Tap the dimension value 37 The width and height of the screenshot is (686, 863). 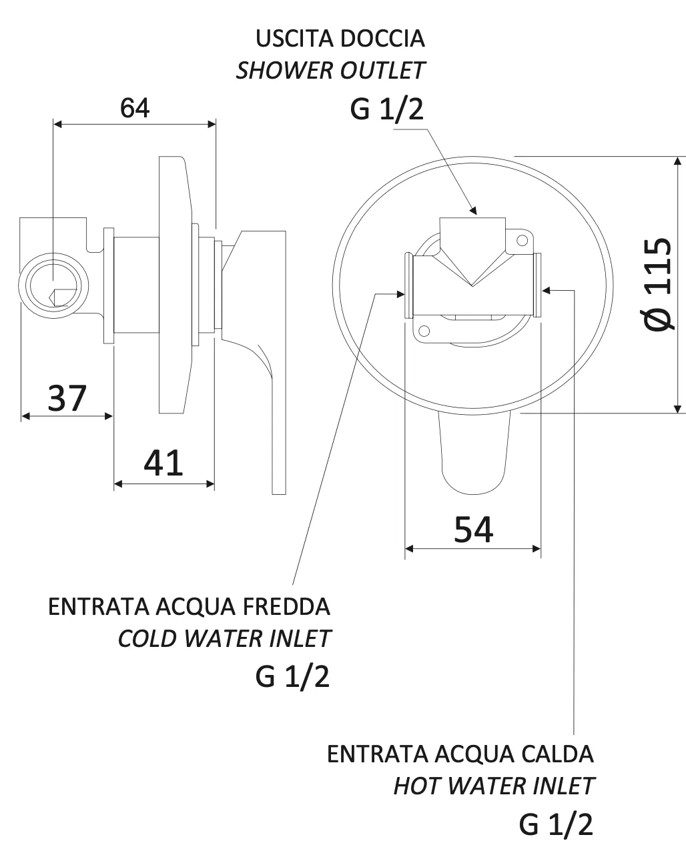tap(67, 398)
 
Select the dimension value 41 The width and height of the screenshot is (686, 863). tap(163, 463)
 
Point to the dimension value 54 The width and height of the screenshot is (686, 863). tap(473, 530)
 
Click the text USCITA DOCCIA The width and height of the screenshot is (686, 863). tap(340, 38)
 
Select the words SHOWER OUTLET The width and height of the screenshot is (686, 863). tap(330, 70)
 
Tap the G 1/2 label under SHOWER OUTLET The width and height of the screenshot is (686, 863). tap(386, 109)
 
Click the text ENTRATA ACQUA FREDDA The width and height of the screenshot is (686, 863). tap(190, 607)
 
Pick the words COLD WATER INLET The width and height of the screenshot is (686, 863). tap(224, 638)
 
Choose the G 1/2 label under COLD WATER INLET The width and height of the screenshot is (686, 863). tap(292, 677)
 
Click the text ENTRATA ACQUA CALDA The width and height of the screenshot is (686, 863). tap(460, 754)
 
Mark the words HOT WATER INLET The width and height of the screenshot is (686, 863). tap(493, 786)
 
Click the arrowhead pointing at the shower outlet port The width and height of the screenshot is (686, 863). tap(472, 210)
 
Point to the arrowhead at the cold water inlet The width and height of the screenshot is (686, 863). tap(400, 293)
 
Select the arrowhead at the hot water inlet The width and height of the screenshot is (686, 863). tap(547, 289)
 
